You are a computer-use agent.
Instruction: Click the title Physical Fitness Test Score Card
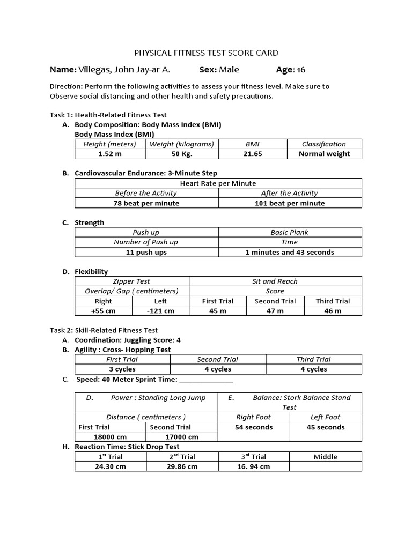click(x=205, y=53)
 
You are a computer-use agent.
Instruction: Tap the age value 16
click(x=300, y=70)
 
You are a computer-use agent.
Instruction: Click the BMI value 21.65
click(x=252, y=154)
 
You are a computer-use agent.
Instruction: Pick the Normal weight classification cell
click(x=324, y=154)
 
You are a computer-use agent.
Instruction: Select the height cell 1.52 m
click(x=110, y=154)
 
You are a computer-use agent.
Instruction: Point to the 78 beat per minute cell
click(x=146, y=203)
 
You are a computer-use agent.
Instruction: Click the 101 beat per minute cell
click(x=290, y=203)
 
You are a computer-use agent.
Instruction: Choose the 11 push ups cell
click(x=146, y=252)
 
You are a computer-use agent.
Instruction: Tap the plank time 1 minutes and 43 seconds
click(x=290, y=252)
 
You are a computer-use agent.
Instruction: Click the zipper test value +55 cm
click(x=103, y=311)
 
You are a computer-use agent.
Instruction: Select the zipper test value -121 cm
click(x=160, y=311)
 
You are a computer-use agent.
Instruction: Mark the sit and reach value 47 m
click(x=275, y=311)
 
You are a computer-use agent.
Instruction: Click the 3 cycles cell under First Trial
click(x=122, y=369)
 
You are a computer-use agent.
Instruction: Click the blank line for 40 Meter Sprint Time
click(x=206, y=380)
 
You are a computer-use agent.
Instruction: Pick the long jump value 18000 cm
click(x=110, y=437)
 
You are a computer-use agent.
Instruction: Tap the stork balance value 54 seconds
click(x=254, y=427)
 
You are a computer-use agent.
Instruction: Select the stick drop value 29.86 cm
click(x=182, y=466)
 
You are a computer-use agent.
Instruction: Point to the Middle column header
click(x=325, y=457)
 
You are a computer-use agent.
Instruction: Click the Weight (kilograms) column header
click(x=181, y=144)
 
